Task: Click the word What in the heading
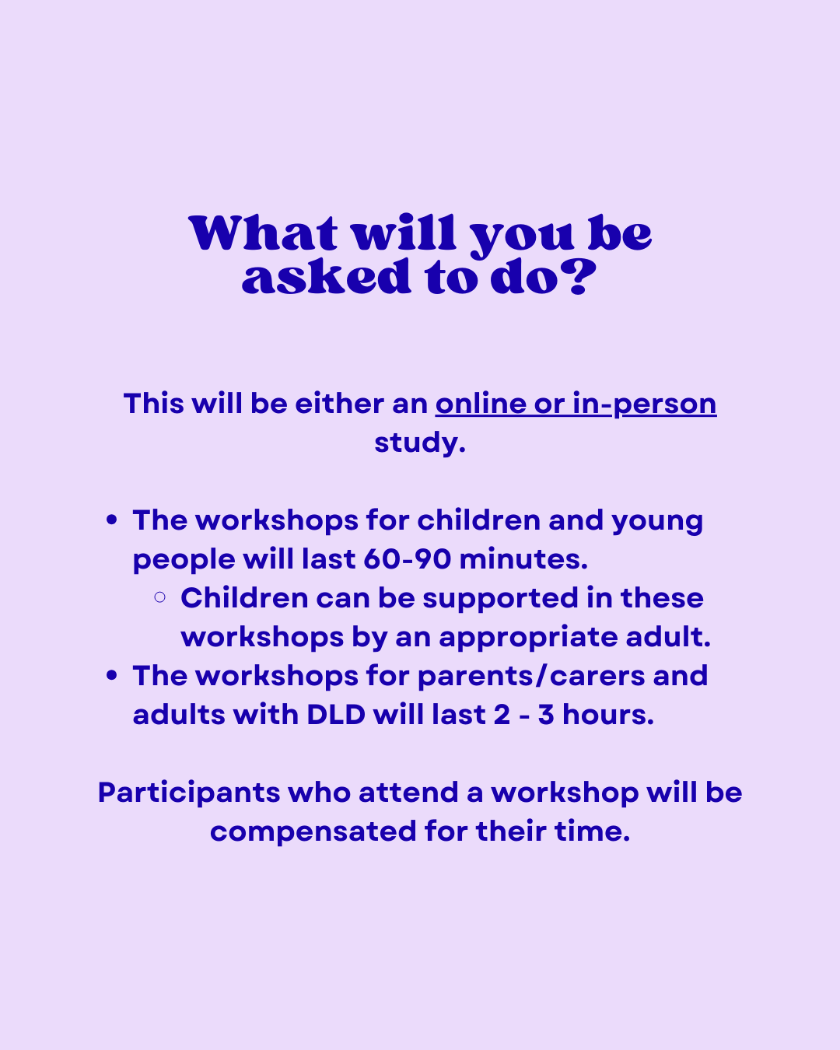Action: [263, 233]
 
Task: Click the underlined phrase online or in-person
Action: [576, 404]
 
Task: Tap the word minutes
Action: [523, 559]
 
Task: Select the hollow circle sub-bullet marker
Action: [159, 597]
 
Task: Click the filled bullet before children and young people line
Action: [112, 520]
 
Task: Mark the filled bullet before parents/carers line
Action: [112, 676]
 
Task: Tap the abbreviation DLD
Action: [336, 715]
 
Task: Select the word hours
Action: [608, 715]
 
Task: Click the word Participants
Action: [189, 793]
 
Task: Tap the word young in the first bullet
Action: [657, 522]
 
